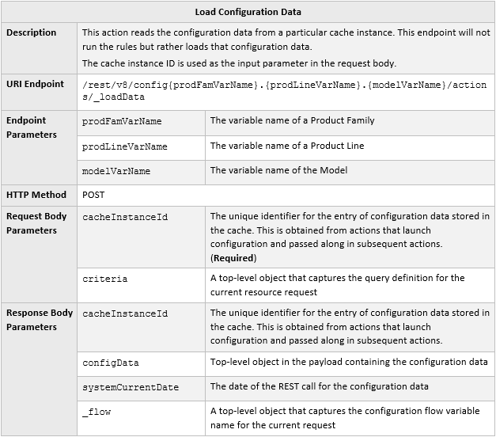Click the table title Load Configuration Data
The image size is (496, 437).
tap(248, 12)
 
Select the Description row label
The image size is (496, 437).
tap(32, 32)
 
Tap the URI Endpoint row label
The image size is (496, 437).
tap(36, 84)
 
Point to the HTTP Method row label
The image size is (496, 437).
tap(36, 194)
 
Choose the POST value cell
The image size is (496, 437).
tap(93, 194)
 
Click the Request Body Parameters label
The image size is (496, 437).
tap(37, 223)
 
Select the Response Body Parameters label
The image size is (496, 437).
tap(40, 320)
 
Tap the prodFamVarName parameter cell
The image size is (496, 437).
tap(122, 121)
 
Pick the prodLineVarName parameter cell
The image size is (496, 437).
tap(124, 146)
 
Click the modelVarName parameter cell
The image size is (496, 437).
tap(116, 171)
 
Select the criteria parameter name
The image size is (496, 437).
tap(104, 279)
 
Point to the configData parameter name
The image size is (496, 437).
tap(110, 363)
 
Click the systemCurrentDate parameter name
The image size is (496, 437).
tap(131, 387)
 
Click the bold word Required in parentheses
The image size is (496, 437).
tap(233, 258)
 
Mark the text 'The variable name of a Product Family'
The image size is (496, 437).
tap(292, 120)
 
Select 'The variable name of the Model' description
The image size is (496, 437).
tap(278, 170)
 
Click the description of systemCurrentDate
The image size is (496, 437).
tap(319, 386)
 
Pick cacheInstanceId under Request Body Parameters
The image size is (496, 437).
tap(124, 216)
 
